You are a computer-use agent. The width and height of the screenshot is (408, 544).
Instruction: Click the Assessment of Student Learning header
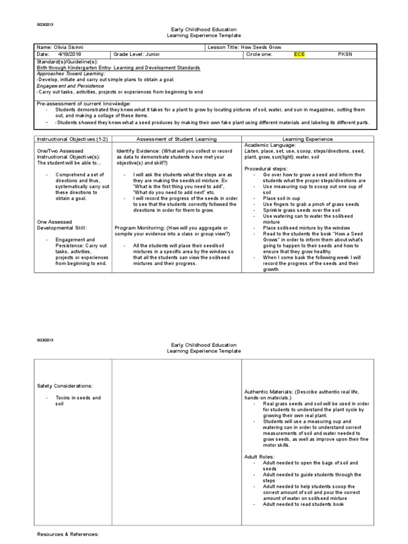tap(176, 139)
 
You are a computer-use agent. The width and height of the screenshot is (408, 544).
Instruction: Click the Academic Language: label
tap(270, 145)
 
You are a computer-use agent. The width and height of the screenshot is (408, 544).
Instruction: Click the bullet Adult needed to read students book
tap(303, 504)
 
